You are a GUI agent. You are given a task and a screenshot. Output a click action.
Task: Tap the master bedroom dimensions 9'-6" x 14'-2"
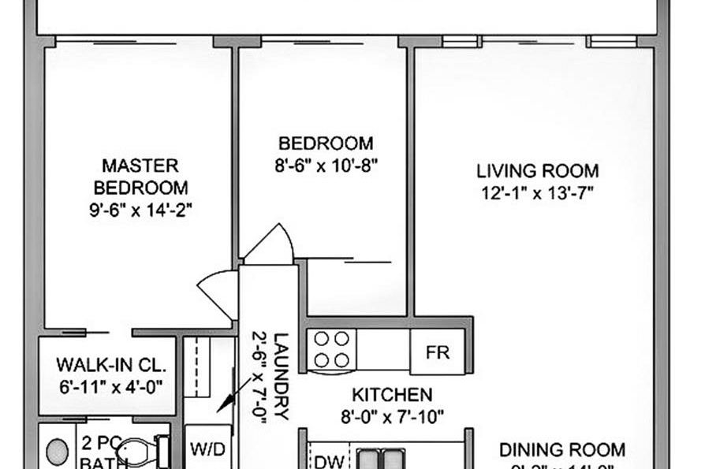pos(140,210)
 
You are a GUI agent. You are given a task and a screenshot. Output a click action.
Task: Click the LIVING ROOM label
pos(537,170)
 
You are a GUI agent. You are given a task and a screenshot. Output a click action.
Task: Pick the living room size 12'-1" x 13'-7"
pos(537,192)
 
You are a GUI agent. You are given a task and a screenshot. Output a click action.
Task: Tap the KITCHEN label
pos(392,395)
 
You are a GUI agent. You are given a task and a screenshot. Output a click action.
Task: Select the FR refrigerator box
pos(438,352)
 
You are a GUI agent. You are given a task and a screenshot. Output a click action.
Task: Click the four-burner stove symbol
pos(332,349)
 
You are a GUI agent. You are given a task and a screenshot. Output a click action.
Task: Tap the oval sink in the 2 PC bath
pos(56,452)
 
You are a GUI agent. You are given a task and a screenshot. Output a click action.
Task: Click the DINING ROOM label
pos(562,450)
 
